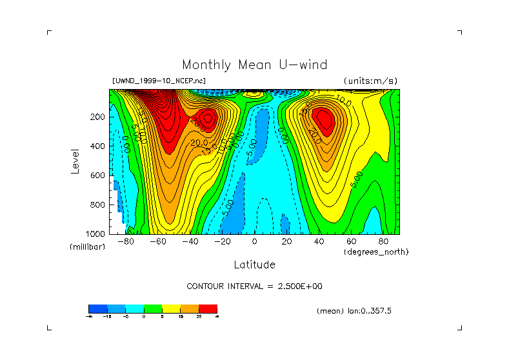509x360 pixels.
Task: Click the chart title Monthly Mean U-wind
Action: coord(254,65)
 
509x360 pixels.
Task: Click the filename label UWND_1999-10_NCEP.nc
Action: coord(159,81)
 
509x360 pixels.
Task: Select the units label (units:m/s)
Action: coord(370,81)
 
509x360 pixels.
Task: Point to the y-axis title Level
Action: coord(75,161)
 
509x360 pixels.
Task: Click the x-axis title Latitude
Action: coord(254,265)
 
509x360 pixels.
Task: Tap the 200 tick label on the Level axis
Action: coord(98,117)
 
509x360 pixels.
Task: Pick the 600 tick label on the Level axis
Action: coord(98,175)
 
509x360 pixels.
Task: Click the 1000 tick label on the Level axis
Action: coord(96,233)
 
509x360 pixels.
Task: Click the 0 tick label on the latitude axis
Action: coord(254,241)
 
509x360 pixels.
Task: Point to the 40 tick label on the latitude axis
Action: coord(319,241)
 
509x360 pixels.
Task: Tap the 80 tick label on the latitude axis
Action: coord(383,241)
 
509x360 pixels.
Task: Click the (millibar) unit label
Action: coord(87,248)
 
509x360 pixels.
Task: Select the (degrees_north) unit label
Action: coord(376,251)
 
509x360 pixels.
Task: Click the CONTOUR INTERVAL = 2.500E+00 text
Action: coord(254,286)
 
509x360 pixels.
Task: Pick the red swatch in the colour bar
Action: coord(208,309)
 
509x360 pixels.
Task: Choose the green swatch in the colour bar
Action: coord(153,309)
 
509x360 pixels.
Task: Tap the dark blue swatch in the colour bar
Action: coord(97,309)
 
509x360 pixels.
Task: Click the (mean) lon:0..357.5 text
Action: coord(354,311)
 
